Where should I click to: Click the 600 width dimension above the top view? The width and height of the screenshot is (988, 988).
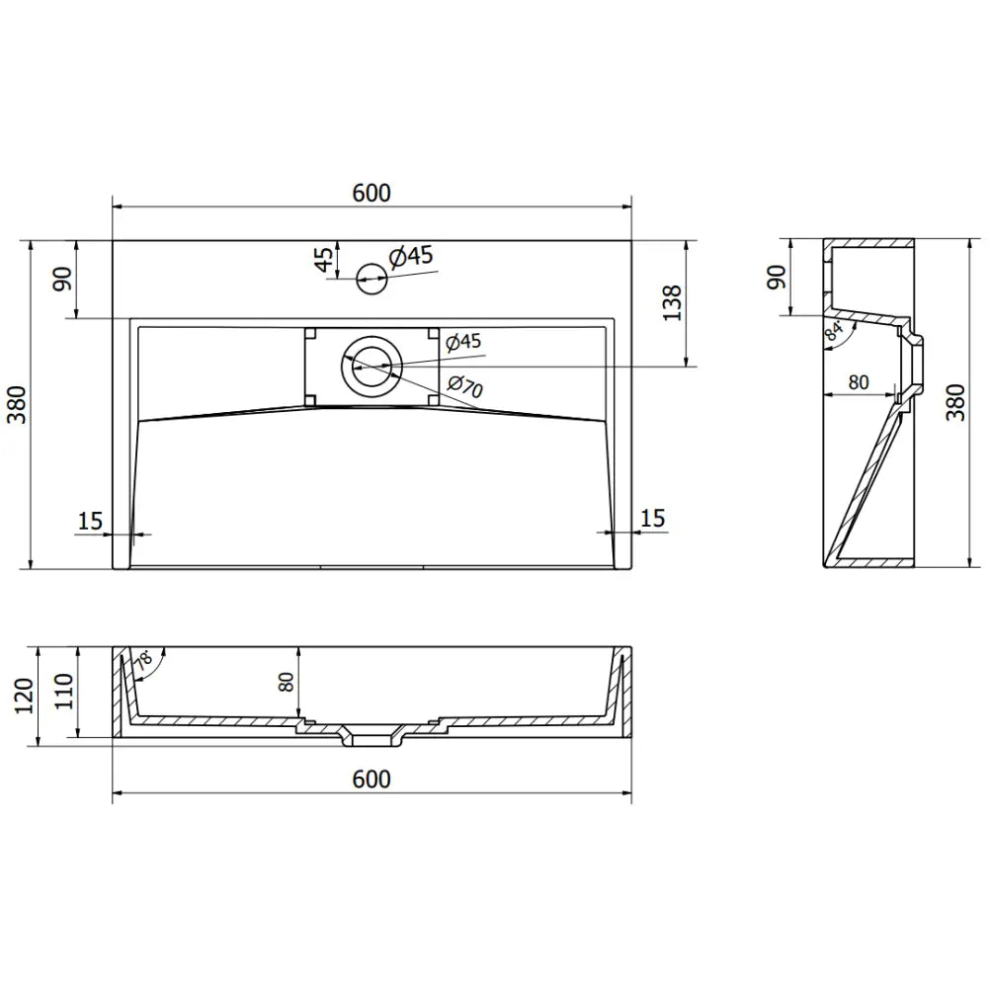tap(371, 193)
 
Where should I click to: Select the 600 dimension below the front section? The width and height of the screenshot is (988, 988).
tap(371, 779)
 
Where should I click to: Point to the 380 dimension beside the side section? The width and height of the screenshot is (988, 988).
tap(954, 404)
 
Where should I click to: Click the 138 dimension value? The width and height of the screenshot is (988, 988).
tap(671, 303)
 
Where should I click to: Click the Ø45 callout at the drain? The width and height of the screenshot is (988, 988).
tap(462, 342)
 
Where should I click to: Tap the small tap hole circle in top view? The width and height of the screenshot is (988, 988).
tap(370, 277)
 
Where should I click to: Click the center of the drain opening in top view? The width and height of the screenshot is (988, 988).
tap(371, 365)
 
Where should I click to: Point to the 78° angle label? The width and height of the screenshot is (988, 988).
tap(145, 662)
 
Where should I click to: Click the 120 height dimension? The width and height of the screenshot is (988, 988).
tap(24, 696)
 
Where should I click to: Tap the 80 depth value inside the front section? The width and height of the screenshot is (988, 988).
tap(287, 682)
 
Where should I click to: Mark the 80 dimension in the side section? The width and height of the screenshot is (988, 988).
tap(856, 382)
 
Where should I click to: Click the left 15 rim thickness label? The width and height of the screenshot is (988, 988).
tap(90, 520)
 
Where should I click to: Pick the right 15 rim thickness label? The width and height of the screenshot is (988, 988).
tap(652, 518)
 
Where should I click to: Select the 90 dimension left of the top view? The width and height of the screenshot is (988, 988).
tap(61, 279)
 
